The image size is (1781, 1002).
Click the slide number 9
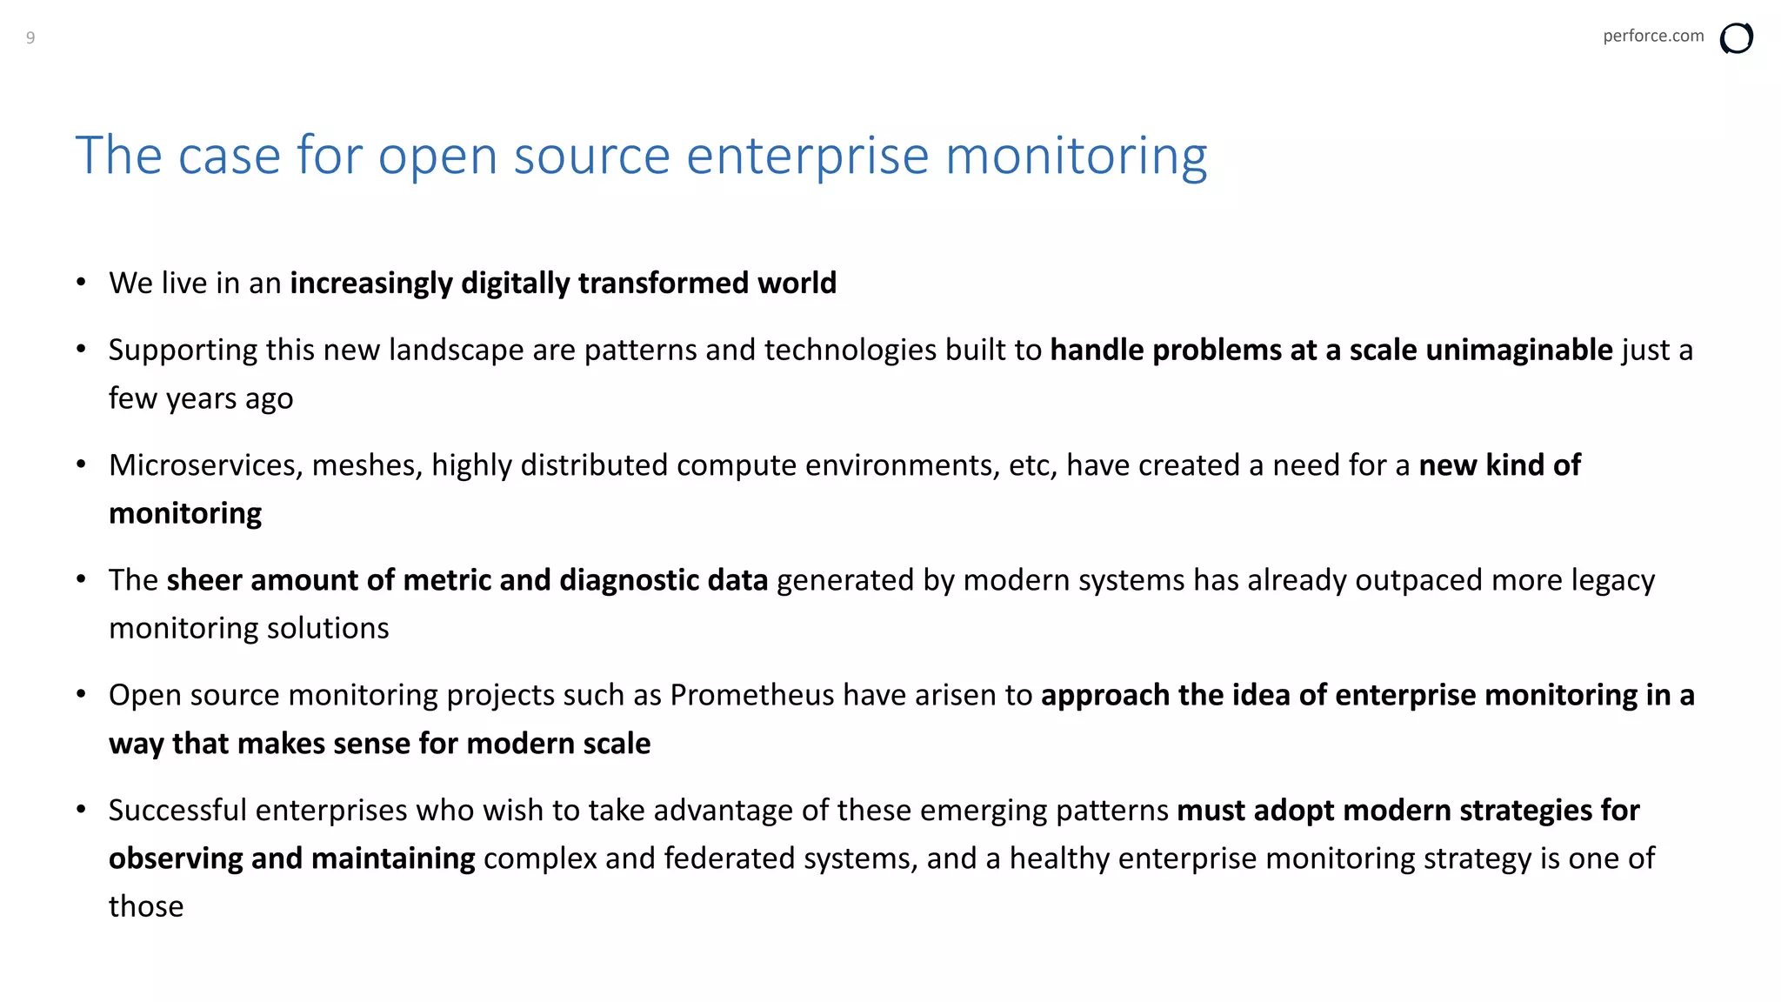pos(30,37)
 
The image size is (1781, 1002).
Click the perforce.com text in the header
pos(1652,36)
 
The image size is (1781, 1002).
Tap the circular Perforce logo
pos(1736,38)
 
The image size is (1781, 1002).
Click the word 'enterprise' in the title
pos(807,157)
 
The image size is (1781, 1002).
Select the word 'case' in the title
pos(229,157)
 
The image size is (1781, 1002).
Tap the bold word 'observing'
pos(176,858)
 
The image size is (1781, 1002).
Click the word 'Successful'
pos(178,811)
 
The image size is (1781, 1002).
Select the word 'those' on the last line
pos(146,906)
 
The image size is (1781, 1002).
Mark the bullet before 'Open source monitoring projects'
pos(81,694)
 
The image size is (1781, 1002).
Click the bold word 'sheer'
pos(204,580)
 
